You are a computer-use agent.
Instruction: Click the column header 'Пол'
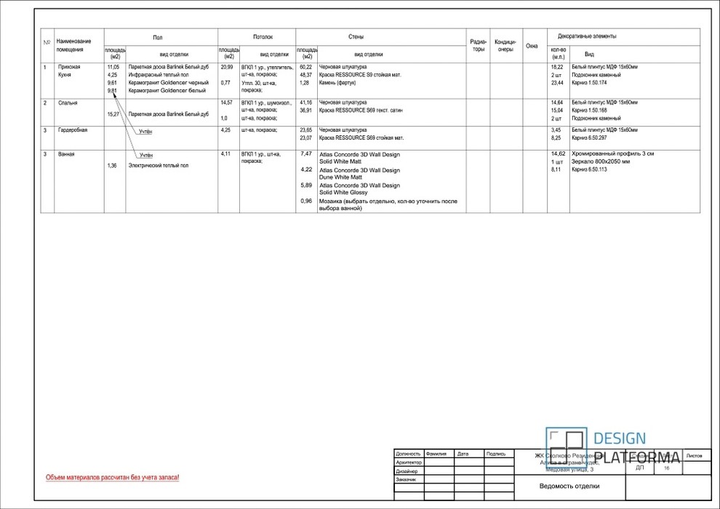click(x=158, y=37)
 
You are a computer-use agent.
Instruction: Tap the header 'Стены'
click(x=356, y=37)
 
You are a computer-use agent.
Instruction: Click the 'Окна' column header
click(x=532, y=46)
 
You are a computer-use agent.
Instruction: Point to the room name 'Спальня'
click(x=68, y=103)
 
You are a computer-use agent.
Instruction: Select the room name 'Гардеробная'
click(x=73, y=130)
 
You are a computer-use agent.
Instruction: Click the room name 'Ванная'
click(x=66, y=154)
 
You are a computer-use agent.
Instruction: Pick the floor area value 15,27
click(x=113, y=114)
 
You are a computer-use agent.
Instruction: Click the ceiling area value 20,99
click(x=227, y=67)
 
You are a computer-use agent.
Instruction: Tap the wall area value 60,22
click(x=305, y=67)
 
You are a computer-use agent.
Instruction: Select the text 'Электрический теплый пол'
click(x=158, y=166)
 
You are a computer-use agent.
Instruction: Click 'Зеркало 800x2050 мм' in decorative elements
click(x=600, y=161)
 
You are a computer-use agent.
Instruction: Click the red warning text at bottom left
click(x=112, y=478)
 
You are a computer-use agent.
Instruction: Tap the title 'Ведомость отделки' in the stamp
click(x=569, y=486)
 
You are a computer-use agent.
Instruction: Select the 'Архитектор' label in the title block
click(x=409, y=462)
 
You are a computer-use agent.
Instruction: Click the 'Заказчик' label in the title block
click(x=406, y=480)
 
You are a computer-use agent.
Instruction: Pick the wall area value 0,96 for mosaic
click(x=306, y=201)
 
